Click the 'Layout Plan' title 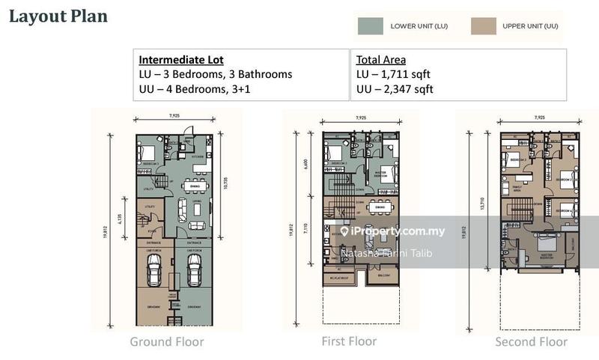(x=58, y=16)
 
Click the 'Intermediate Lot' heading (x=181, y=59)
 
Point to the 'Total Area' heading (x=382, y=59)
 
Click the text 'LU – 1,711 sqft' (x=394, y=75)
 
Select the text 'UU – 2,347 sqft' (x=395, y=90)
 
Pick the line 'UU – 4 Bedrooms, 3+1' (x=206, y=90)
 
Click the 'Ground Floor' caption (x=166, y=342)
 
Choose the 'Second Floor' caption (x=531, y=342)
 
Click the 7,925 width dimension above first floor (x=361, y=118)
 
